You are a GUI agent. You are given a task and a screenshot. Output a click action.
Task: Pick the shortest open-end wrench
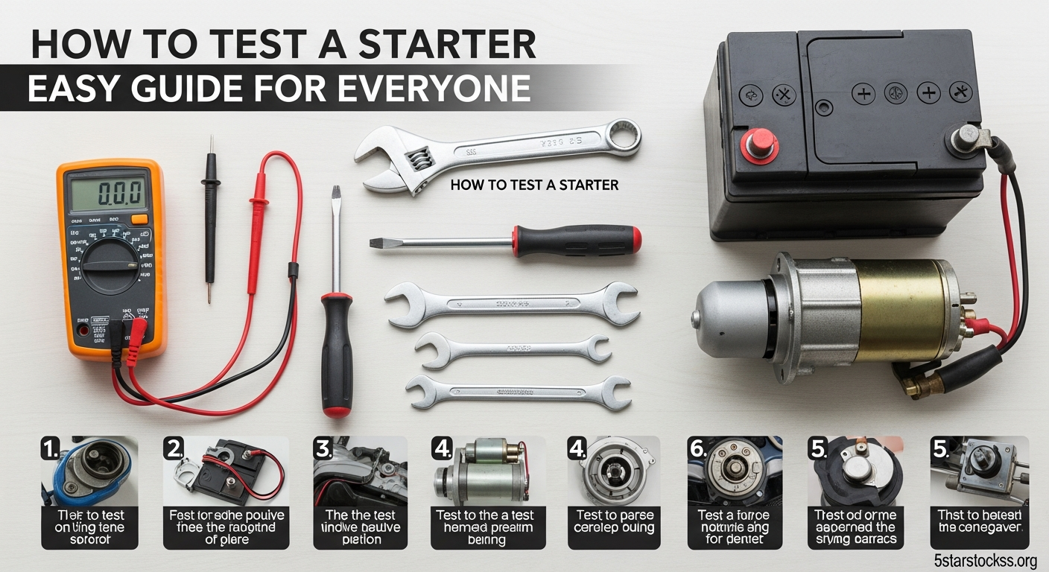(x=513, y=349)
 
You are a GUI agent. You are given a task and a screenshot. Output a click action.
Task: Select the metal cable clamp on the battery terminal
(x=968, y=137)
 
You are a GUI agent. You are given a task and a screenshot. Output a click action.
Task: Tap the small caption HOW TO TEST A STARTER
(x=534, y=184)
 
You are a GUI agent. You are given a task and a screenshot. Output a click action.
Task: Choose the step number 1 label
(x=50, y=449)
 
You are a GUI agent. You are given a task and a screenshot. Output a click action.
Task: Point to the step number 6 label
(x=697, y=449)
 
